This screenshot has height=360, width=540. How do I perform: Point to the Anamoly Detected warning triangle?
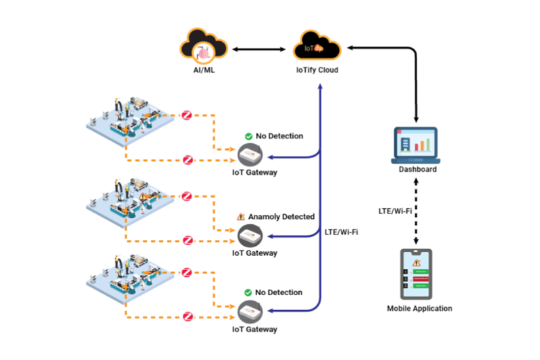(240, 217)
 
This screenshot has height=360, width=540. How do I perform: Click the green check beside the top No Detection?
(248, 136)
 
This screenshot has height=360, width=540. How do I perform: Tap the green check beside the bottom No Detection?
(248, 292)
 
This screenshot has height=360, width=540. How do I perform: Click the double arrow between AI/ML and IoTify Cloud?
(260, 49)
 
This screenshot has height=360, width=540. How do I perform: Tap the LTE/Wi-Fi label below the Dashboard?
(395, 211)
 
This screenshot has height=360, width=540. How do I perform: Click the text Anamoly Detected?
(281, 217)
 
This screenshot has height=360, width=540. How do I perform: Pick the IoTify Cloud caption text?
(317, 70)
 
